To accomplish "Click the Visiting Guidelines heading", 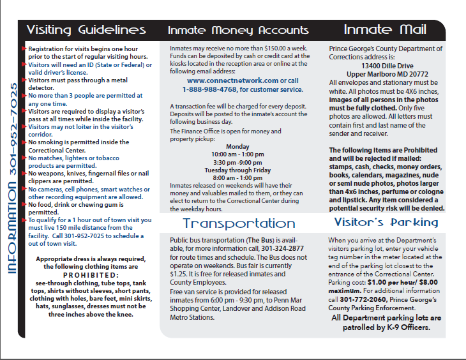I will (x=86, y=30).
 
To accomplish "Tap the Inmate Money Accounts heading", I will (x=238, y=31).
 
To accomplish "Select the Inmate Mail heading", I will (x=385, y=29).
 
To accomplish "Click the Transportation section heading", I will (x=239, y=223).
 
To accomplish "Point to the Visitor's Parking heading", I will (x=386, y=223).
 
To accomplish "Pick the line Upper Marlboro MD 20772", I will (x=387, y=74).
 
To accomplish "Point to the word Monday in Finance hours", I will (x=237, y=146).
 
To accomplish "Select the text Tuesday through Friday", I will (x=238, y=170).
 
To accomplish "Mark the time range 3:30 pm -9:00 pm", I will (x=238, y=162).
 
